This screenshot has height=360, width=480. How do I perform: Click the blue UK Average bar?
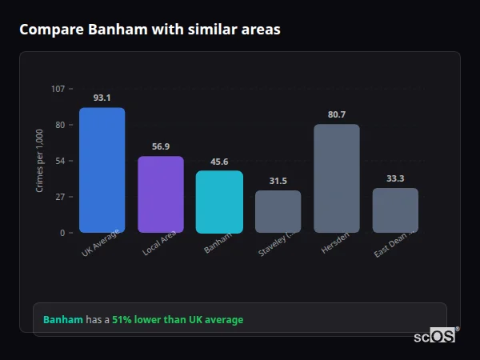[102, 170]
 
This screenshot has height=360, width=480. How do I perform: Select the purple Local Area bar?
[161, 194]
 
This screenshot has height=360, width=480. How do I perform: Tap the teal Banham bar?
[219, 202]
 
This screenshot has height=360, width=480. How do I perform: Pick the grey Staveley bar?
[278, 211]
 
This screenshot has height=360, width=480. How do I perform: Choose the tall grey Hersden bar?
[337, 178]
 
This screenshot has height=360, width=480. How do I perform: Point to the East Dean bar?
[395, 210]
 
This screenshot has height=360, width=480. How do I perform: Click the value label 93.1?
[102, 98]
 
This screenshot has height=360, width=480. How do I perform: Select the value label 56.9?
[161, 146]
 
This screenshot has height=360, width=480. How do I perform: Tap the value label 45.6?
[219, 162]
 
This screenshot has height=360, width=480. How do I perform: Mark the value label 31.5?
[278, 181]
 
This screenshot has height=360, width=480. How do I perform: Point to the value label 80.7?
[337, 114]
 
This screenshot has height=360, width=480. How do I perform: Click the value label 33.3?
[395, 178]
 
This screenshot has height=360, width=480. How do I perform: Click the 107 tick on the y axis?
[58, 89]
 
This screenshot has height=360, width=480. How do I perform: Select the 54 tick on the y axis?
[61, 161]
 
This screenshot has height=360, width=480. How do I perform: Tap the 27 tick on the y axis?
[61, 197]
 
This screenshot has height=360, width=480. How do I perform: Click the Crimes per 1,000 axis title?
[40, 161]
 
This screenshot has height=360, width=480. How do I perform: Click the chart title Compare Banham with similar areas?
[150, 30]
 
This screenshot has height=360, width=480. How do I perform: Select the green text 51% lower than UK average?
[178, 320]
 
